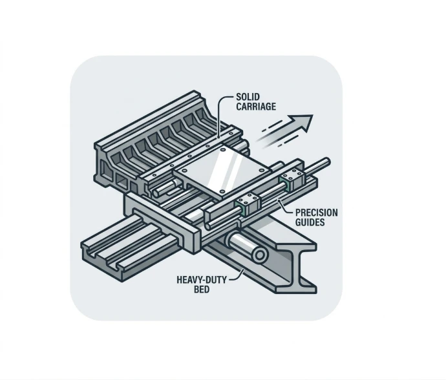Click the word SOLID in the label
248,97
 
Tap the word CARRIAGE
256,107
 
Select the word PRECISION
316,213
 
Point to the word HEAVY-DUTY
202,280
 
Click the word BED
202,290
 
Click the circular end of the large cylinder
259,255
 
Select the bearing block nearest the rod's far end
292,178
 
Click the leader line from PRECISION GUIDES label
285,207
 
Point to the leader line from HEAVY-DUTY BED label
237,276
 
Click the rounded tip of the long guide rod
327,162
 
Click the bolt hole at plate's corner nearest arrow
261,170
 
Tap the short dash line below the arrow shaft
288,140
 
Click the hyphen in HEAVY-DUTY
206,280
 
